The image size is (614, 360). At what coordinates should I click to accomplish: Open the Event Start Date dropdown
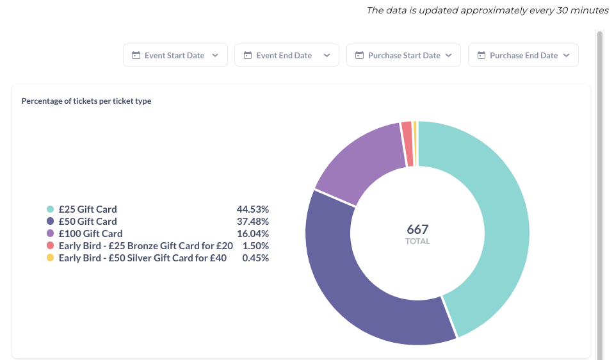(175, 55)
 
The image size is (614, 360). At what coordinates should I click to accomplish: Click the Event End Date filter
(287, 55)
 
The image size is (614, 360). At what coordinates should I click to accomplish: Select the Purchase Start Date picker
(403, 55)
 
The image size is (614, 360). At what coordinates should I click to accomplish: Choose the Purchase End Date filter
(523, 55)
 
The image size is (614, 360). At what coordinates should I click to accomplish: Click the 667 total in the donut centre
(417, 229)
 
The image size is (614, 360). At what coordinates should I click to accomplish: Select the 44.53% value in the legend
(252, 209)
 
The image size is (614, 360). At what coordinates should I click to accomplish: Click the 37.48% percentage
(252, 222)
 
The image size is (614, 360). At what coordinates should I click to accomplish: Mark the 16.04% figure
(252, 233)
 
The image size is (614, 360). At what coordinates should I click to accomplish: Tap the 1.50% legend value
(255, 245)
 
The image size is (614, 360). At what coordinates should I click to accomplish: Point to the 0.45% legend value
(255, 258)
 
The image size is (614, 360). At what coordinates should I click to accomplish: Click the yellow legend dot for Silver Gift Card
(50, 258)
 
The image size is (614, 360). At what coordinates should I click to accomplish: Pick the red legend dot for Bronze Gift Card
(50, 245)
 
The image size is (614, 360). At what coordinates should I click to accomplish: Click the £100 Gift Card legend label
(90, 233)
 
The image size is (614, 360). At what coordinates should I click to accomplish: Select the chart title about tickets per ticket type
(86, 101)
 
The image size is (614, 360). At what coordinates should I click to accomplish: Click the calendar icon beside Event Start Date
(136, 55)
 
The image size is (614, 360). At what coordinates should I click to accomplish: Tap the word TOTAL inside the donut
(417, 241)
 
